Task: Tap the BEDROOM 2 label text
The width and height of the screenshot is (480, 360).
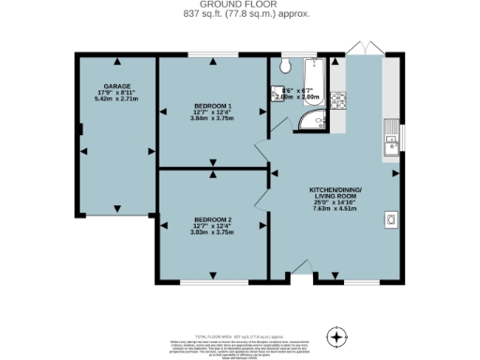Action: click(213, 219)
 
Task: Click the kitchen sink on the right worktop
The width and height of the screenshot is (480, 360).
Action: click(391, 141)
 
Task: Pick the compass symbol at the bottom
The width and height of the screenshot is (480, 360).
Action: click(337, 335)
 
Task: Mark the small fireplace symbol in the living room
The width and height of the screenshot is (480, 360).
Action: click(390, 219)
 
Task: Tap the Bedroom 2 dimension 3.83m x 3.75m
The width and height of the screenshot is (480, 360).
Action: click(213, 232)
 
